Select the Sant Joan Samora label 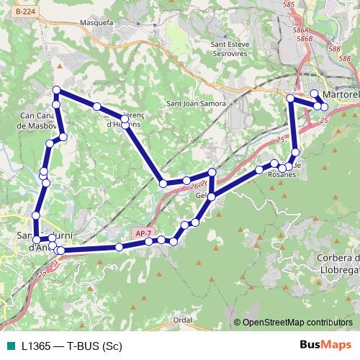196,104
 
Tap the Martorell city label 341,94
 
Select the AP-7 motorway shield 143,233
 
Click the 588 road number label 335,49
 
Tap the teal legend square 9,345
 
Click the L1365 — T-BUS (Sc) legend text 71,345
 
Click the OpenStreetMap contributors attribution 297,322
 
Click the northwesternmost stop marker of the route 56,90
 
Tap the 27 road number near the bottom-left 41,274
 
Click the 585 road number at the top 289,5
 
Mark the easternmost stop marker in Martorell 324,107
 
